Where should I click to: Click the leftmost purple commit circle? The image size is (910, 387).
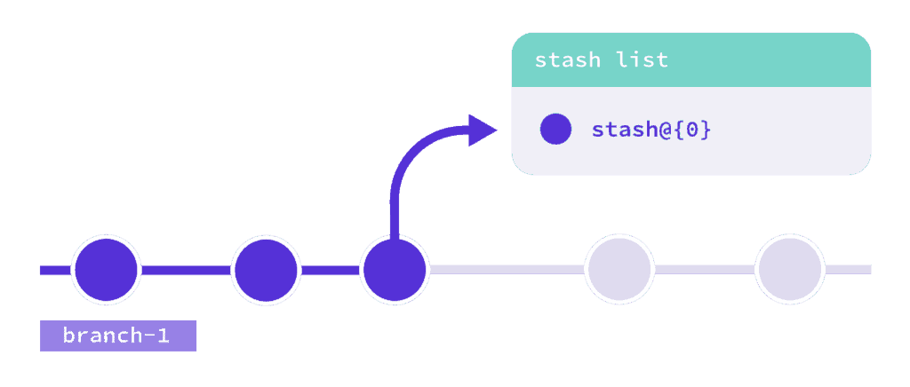(106, 270)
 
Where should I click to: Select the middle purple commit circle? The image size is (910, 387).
(265, 270)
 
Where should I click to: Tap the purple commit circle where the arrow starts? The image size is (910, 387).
(395, 270)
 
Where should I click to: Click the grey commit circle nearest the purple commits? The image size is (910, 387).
(619, 270)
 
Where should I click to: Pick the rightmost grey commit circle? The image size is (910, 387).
(790, 270)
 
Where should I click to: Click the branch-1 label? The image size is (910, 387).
(117, 336)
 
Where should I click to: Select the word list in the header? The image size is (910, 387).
(639, 61)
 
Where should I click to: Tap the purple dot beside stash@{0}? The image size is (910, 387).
(555, 130)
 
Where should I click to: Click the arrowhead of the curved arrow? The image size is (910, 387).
(483, 130)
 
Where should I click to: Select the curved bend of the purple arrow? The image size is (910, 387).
(408, 156)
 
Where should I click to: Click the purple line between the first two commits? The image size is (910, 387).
(185, 270)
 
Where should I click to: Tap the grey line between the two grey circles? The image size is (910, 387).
(705, 270)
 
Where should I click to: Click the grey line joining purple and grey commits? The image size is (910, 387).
(507, 270)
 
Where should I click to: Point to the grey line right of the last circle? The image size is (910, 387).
(848, 270)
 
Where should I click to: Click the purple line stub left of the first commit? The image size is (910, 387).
(54, 270)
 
